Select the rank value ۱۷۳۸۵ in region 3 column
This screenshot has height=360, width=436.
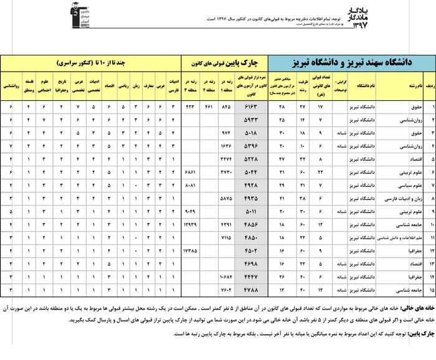click(x=191, y=251)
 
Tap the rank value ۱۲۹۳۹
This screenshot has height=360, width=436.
click(x=191, y=225)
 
